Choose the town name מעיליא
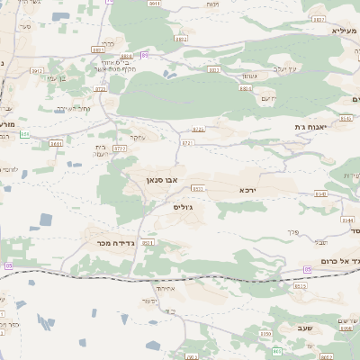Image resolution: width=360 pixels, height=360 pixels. [x=326, y=31]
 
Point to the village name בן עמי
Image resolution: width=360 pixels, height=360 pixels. [x=57, y=78]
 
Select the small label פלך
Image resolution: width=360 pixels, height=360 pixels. [x=291, y=232]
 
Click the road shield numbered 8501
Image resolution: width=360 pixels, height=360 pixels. [x=148, y=242]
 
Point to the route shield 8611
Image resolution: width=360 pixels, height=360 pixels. [x=57, y=142]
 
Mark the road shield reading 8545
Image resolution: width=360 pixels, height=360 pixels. [x=346, y=119]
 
